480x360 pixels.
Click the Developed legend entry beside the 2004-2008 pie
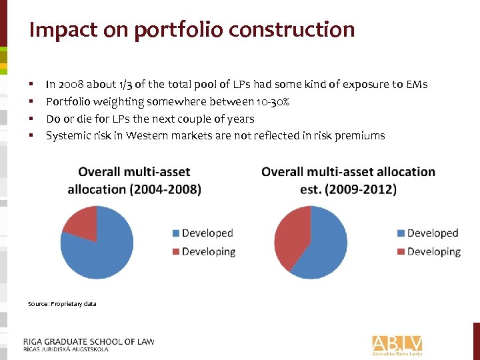pyautogui.click(x=203, y=233)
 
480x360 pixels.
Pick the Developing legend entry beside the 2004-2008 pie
pyautogui.click(x=204, y=251)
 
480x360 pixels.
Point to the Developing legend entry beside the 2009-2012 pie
pyautogui.click(x=429, y=251)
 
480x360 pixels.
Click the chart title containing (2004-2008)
pyautogui.click(x=134, y=180)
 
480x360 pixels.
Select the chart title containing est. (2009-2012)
pyautogui.click(x=348, y=180)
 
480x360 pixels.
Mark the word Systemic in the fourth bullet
pyautogui.click(x=67, y=135)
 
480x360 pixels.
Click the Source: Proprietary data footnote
pyautogui.click(x=62, y=304)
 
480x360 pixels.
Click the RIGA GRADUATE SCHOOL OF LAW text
pyautogui.click(x=89, y=341)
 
